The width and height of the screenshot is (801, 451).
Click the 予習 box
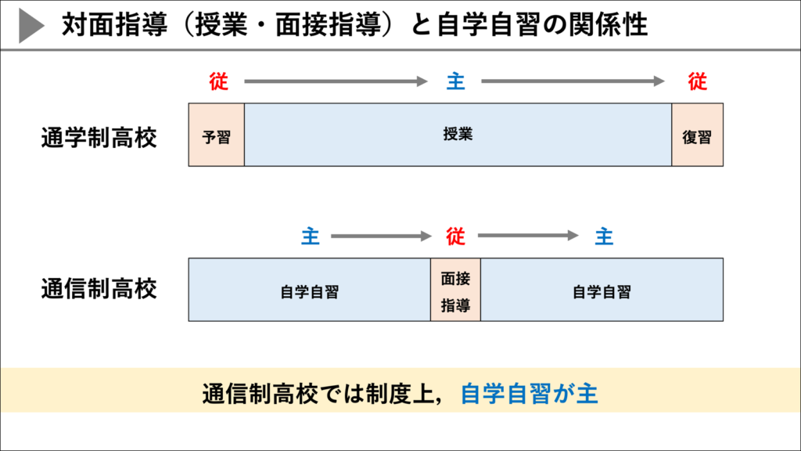pyautogui.click(x=217, y=135)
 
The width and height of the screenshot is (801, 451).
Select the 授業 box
pyautogui.click(x=458, y=135)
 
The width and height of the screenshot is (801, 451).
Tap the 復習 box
pyautogui.click(x=697, y=135)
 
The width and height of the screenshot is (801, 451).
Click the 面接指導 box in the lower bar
pyautogui.click(x=455, y=290)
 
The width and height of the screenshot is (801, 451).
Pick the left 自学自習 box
pyautogui.click(x=310, y=290)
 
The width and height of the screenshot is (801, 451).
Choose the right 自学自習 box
pyautogui.click(x=602, y=290)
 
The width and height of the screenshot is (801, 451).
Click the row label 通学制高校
pyautogui.click(x=99, y=139)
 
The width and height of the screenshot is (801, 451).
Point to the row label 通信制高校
pyautogui.click(x=99, y=289)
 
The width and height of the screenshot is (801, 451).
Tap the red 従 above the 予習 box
pyautogui.click(x=218, y=81)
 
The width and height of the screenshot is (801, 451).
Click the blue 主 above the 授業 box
pyautogui.click(x=455, y=81)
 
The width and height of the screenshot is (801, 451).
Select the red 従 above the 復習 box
pyautogui.click(x=697, y=81)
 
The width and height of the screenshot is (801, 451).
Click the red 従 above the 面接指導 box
pyautogui.click(x=455, y=236)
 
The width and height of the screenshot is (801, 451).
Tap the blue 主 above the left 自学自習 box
pyautogui.click(x=311, y=236)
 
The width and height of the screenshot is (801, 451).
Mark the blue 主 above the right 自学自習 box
pyautogui.click(x=604, y=236)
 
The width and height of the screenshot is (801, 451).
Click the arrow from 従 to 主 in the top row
pyautogui.click(x=336, y=81)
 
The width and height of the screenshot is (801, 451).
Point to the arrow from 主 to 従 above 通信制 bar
pyautogui.click(x=381, y=236)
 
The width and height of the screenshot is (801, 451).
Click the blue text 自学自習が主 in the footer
pyautogui.click(x=529, y=393)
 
